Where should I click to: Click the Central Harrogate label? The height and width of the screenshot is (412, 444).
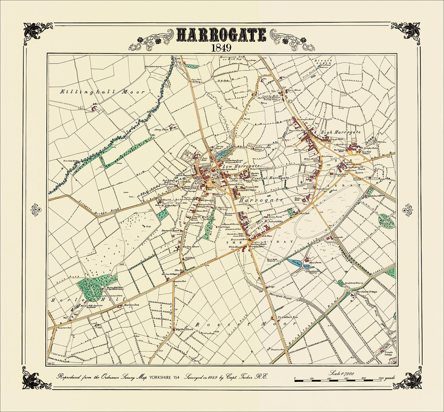[x=270, y=178]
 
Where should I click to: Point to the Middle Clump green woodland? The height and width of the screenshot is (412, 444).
[x=386, y=220]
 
